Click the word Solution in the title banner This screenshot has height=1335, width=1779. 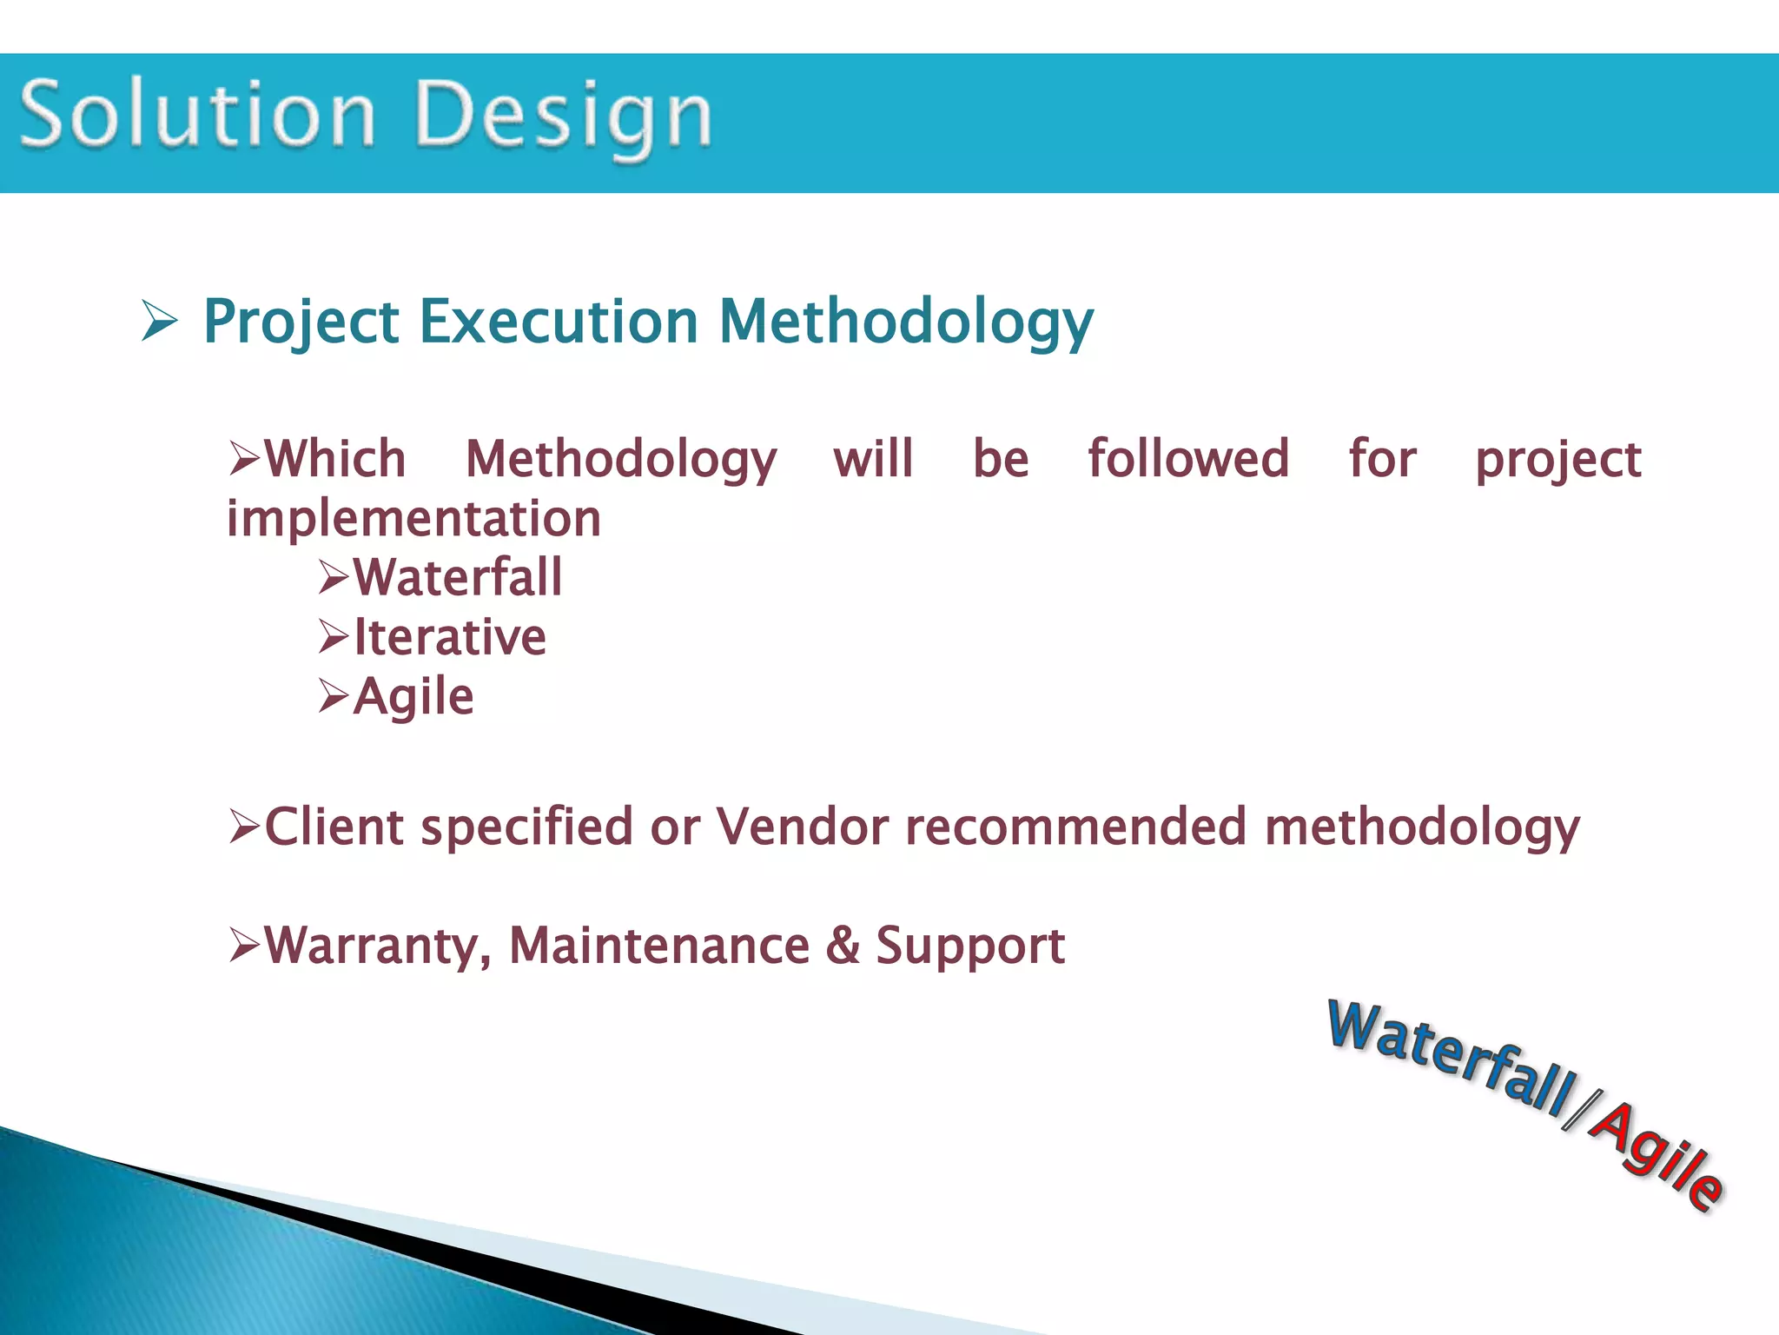[x=198, y=115]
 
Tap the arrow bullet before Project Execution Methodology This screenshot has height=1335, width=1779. [x=159, y=321]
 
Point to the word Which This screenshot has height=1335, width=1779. [x=334, y=459]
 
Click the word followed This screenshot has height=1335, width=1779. [x=1188, y=459]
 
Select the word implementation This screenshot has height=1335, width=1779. [x=413, y=519]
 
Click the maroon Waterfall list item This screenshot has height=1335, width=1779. [x=458, y=578]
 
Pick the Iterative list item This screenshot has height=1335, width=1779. [x=450, y=637]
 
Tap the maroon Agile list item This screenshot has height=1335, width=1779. [x=413, y=697]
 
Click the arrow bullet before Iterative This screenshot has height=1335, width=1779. [x=333, y=636]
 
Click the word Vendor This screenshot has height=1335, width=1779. [x=802, y=827]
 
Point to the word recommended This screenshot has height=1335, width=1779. [x=1075, y=827]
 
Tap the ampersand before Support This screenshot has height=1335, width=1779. [x=843, y=946]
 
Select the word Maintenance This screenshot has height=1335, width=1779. [x=659, y=946]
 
